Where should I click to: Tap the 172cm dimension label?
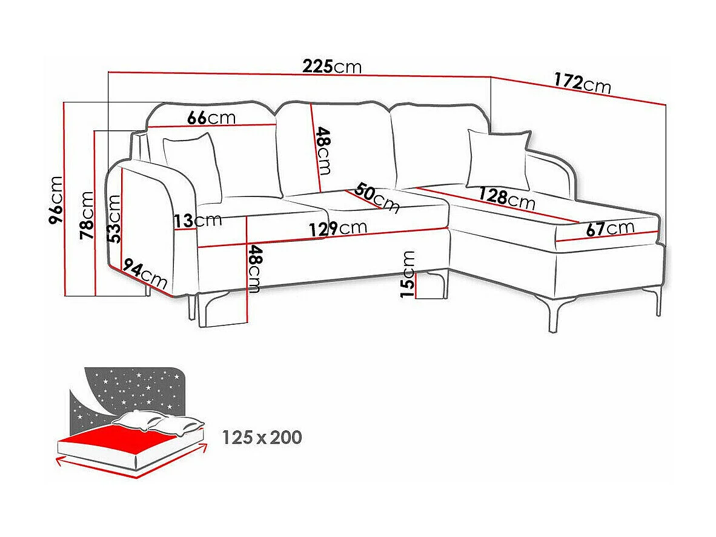coord(582,83)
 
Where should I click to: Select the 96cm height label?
coord(56,199)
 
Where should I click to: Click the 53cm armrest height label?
coord(114,218)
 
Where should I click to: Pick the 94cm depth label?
coord(144,274)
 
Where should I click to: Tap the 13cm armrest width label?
coord(197,220)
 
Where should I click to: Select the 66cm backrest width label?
coord(211,117)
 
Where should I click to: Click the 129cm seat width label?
coord(337,229)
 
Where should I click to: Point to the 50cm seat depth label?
coord(377,197)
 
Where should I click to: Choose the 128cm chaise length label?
coord(506,198)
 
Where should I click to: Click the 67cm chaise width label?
coord(610,228)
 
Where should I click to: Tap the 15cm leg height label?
coord(408,274)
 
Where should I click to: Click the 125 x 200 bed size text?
coord(262,437)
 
